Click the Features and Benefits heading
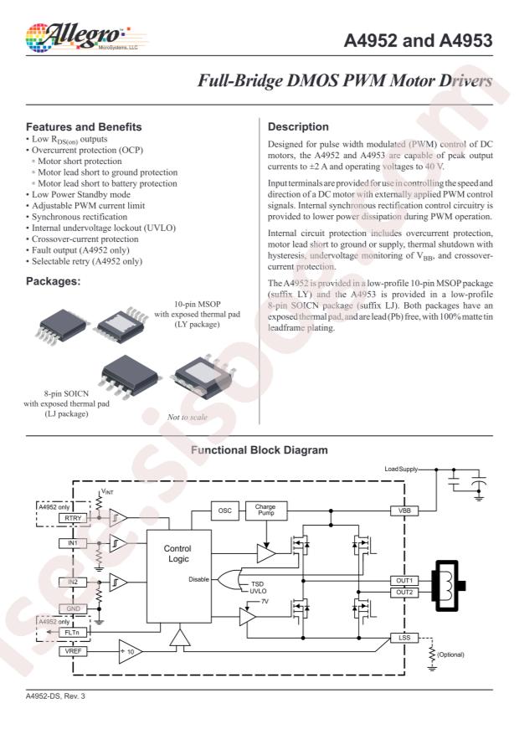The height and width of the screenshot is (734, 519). (x=84, y=127)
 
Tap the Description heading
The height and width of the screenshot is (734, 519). (x=298, y=127)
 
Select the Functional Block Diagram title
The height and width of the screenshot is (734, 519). (x=259, y=449)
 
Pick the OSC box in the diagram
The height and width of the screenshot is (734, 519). (x=225, y=511)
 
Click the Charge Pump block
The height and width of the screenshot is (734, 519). (x=266, y=511)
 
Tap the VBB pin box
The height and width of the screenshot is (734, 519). (x=404, y=511)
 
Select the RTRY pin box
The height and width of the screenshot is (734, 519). (x=73, y=518)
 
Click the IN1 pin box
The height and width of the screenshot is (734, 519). (x=73, y=543)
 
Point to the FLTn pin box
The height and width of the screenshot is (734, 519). (x=73, y=633)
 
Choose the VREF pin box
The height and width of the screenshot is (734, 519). (x=73, y=651)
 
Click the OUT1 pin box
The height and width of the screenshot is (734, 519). (x=404, y=581)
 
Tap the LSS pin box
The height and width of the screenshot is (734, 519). (x=404, y=638)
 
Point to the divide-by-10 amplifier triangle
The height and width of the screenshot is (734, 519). (x=130, y=652)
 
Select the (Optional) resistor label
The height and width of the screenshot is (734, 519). (x=450, y=654)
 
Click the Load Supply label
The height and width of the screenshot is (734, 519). (x=401, y=469)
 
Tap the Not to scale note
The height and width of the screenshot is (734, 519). (x=188, y=417)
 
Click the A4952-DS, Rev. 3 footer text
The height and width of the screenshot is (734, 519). (x=56, y=696)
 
